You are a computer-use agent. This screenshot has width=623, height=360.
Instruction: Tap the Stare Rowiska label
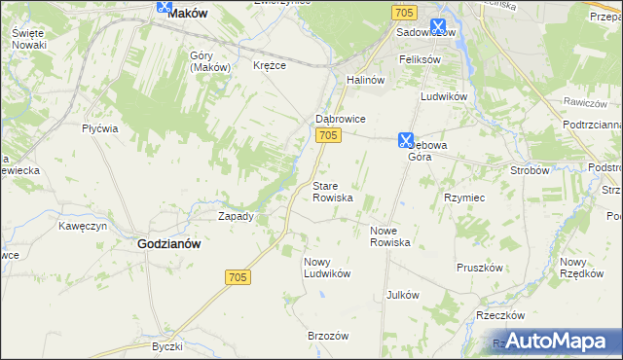[332, 191]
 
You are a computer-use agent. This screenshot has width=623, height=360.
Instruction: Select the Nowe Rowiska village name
[389, 236]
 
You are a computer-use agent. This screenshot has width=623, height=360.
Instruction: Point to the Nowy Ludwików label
[326, 268]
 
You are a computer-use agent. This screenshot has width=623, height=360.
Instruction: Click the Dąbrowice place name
[340, 119]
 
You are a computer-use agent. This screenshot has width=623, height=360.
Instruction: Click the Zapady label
[236, 216]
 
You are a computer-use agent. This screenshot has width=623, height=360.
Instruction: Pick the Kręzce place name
[270, 65]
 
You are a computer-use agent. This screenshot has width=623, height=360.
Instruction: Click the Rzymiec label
[464, 197]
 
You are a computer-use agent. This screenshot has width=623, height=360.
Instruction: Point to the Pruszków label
[480, 267]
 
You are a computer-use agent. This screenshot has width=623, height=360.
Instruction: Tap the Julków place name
[402, 294]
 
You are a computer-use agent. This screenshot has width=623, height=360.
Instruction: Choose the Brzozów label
[328, 336]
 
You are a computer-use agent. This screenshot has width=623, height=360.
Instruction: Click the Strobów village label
[531, 169]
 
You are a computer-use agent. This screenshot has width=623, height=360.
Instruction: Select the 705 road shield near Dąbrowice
[328, 136]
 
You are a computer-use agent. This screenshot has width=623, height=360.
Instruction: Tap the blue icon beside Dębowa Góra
[406, 140]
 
